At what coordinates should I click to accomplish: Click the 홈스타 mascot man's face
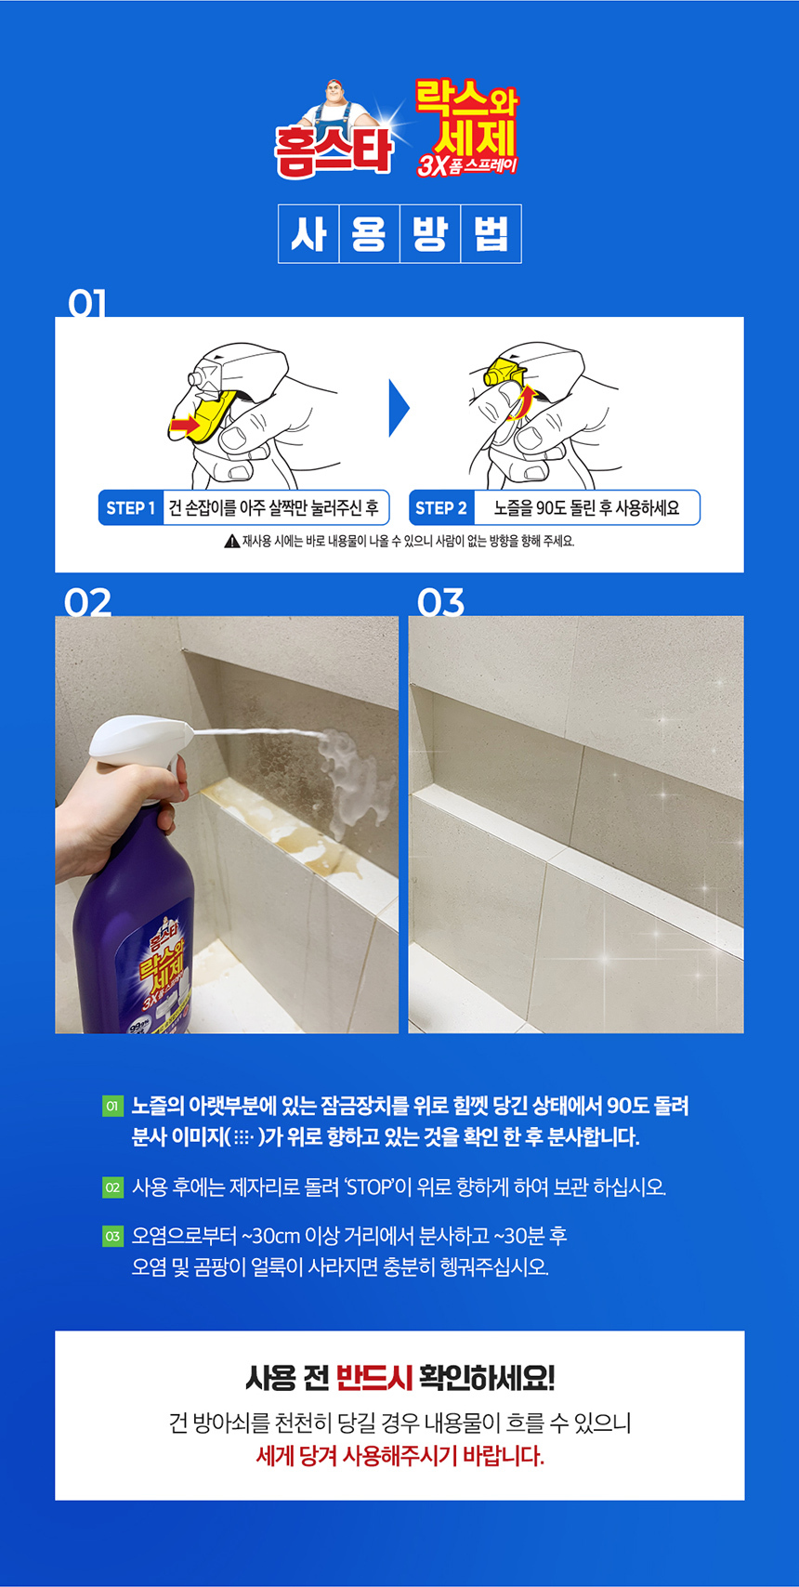(334, 94)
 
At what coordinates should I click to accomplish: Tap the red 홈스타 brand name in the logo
(333, 153)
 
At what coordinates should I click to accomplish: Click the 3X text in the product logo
(431, 165)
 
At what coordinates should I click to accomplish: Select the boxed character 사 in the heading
(308, 234)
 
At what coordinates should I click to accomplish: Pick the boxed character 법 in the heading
(491, 234)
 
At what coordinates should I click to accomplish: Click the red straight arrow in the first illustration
(185, 426)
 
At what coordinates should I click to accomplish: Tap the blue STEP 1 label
(131, 508)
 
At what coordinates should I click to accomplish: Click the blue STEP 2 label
(440, 508)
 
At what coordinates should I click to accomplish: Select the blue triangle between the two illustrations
(398, 408)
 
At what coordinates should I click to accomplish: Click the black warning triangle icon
(231, 542)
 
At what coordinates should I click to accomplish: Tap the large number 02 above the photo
(88, 603)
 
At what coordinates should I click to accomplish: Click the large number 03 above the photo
(440, 603)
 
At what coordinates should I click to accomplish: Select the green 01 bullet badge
(112, 1106)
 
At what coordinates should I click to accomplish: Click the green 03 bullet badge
(112, 1237)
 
